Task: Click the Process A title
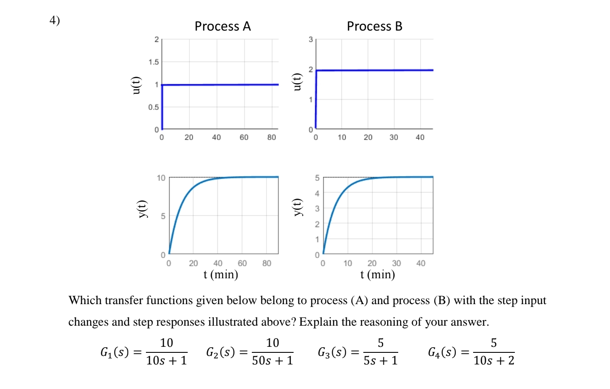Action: pos(223,26)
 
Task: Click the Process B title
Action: pos(375,26)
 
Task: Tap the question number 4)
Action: pos(55,20)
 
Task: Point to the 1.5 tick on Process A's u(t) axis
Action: pos(154,62)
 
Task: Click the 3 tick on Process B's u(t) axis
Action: pos(310,40)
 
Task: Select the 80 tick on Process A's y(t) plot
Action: pos(267,263)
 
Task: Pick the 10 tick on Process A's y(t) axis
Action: pos(161,178)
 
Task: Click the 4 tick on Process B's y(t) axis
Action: pos(317,193)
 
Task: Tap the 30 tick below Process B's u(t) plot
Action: pos(394,137)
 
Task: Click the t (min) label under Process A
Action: pos(221,274)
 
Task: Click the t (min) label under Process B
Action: pos(378,274)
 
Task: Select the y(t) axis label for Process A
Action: pos(142,209)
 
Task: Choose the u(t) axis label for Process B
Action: pos(296,82)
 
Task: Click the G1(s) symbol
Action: pos(115,352)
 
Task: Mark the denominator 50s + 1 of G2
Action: pos(272,361)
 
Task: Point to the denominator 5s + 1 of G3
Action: pos(381,361)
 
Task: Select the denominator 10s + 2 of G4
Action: pos(494,361)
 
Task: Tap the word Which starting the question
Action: pos(85,300)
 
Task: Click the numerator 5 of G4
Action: pos(494,343)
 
